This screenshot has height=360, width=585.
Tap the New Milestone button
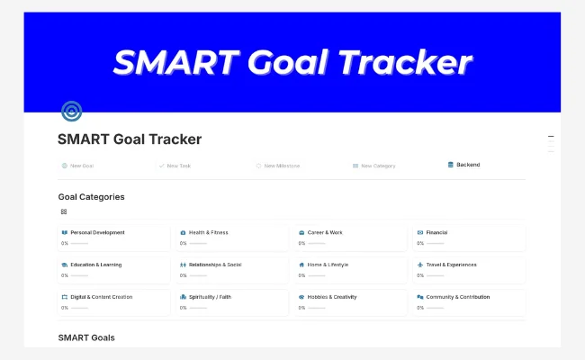click(x=282, y=166)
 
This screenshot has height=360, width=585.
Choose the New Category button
click(x=377, y=166)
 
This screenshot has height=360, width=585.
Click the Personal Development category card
click(x=113, y=238)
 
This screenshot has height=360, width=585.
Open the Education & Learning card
click(x=113, y=270)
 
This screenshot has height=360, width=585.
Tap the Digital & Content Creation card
click(x=113, y=301)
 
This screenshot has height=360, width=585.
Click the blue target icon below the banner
click(x=71, y=112)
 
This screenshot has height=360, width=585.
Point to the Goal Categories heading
click(x=91, y=196)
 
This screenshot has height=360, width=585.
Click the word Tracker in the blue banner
click(x=414, y=62)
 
